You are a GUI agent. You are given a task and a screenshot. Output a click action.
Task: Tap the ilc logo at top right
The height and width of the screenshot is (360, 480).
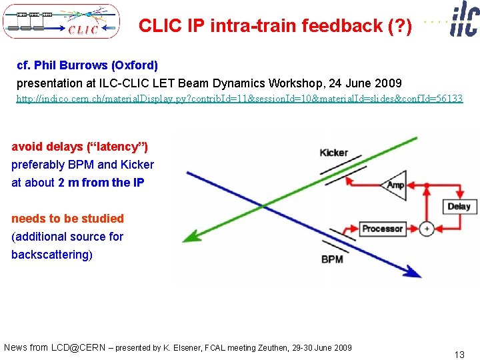[464, 18]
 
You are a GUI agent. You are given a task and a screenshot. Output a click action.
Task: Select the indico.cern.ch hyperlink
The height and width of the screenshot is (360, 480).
[239, 99]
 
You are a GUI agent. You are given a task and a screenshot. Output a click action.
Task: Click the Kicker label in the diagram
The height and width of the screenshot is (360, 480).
[333, 153]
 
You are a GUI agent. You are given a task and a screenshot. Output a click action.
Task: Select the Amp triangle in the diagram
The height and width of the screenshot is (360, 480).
[393, 185]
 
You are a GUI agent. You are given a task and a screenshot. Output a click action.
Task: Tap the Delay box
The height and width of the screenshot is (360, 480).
[458, 206]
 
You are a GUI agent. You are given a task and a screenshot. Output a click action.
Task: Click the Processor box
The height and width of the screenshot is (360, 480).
[382, 229]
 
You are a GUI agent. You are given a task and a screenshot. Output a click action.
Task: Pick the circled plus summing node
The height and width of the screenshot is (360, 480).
[427, 229]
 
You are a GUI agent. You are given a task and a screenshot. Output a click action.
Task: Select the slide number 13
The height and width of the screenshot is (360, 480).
[459, 355]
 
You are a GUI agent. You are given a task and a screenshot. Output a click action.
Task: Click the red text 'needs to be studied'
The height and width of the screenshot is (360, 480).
[68, 219]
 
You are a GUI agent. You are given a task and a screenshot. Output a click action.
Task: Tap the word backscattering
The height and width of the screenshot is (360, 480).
[50, 255]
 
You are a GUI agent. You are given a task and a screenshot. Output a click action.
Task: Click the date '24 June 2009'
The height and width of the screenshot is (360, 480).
[365, 83]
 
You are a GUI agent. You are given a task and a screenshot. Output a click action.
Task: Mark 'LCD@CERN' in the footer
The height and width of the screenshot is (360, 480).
[78, 347]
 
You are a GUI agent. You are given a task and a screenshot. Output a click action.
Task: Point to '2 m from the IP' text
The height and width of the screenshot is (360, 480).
[101, 183]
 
